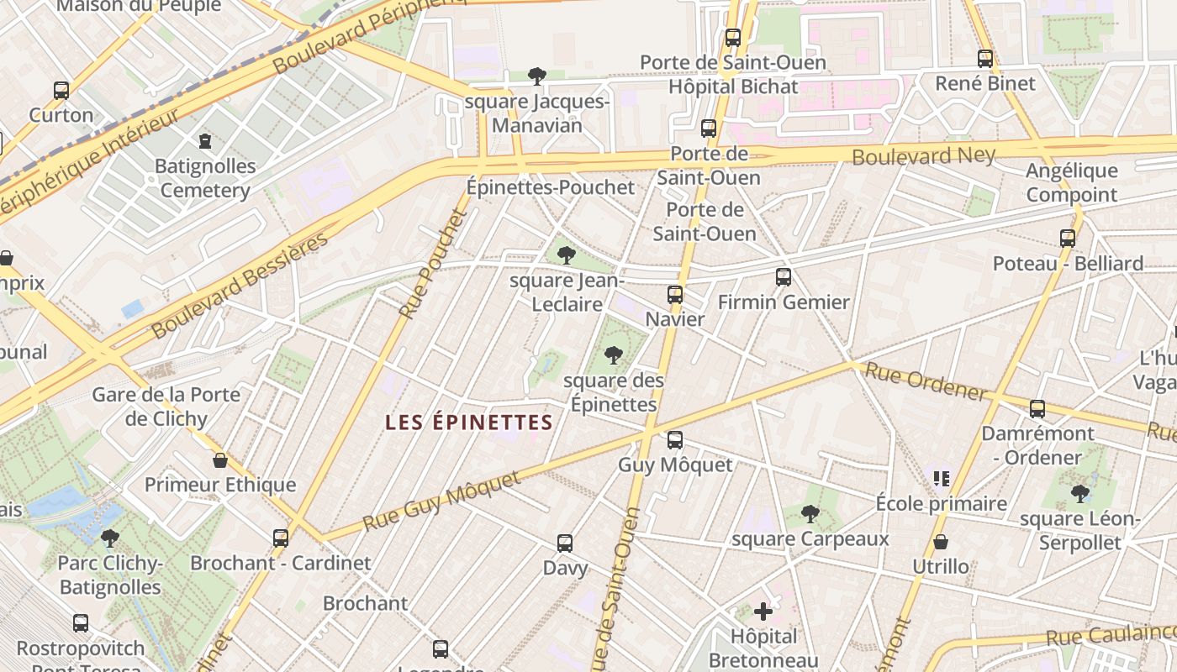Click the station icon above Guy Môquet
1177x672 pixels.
pos(674,440)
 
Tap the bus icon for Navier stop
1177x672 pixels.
pos(674,295)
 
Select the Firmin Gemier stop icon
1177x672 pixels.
pos(784,277)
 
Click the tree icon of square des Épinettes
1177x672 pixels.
pos(614,355)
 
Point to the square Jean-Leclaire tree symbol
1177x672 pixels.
pos(566,255)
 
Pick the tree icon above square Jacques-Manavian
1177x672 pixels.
pos(537,76)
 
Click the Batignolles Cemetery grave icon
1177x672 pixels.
pos(205,140)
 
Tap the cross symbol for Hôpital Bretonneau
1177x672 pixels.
pos(763,611)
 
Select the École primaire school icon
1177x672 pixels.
pos(942,479)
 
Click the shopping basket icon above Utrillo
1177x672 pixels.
pos(941,542)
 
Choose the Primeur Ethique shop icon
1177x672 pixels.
pos(220,460)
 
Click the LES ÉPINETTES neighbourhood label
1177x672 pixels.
pos(469,423)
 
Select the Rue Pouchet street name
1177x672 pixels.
pos(433,264)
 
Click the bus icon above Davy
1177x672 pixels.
pos(565,543)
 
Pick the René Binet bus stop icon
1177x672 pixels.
pos(985,59)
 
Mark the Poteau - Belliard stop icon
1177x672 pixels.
pos(1068,239)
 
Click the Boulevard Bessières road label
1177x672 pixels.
pos(240,286)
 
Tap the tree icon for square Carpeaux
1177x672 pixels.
pos(810,513)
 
